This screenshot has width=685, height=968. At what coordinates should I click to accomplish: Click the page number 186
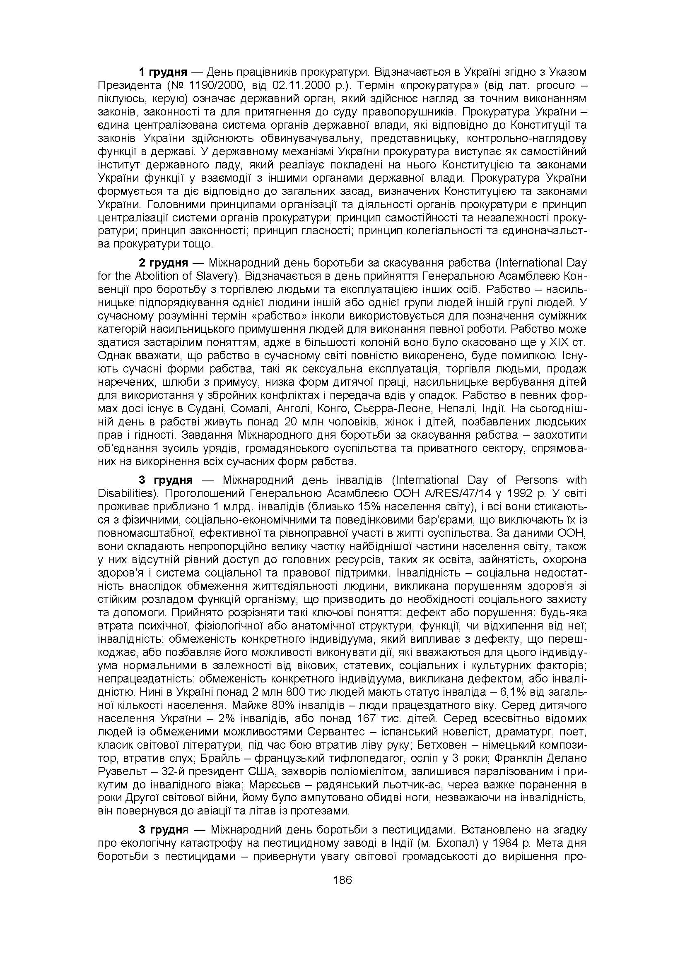342,880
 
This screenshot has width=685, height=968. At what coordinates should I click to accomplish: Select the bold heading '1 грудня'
163,72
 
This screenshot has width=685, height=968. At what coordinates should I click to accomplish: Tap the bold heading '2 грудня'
163,263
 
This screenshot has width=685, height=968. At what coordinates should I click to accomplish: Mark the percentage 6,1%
516,692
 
